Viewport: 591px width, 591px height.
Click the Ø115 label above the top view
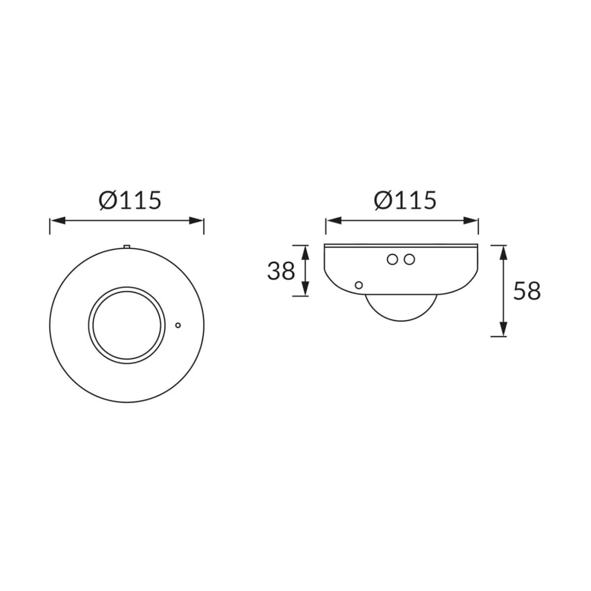[130, 200]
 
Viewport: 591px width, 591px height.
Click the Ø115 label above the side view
[404, 200]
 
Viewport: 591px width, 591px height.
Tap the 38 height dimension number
[281, 271]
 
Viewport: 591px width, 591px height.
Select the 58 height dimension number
[527, 291]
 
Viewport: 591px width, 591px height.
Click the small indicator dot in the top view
[178, 325]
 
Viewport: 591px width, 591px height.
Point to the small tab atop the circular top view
[127, 246]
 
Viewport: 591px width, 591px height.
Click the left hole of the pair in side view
[392, 260]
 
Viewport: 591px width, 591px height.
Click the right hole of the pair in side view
[409, 260]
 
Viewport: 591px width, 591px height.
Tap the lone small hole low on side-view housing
[359, 285]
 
